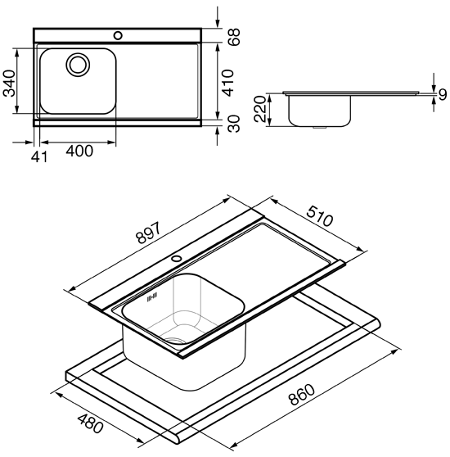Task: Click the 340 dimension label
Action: (x=9, y=83)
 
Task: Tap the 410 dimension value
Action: (x=228, y=83)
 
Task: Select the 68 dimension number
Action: (x=234, y=37)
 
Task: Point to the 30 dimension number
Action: (x=234, y=124)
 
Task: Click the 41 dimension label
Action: (x=39, y=157)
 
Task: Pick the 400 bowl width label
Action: (x=79, y=151)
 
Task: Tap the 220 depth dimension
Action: (x=260, y=109)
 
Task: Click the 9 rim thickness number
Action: (x=443, y=95)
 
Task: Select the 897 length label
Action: (x=148, y=233)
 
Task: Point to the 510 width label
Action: (x=319, y=216)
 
